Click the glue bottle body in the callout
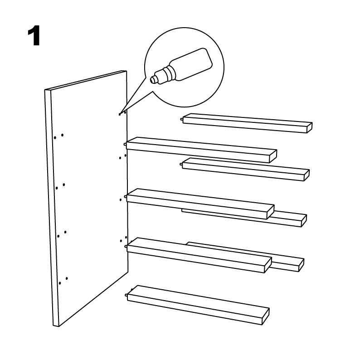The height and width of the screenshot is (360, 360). (x=191, y=64)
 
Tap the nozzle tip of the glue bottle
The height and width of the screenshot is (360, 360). (x=152, y=80)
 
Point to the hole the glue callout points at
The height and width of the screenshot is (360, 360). (x=120, y=114)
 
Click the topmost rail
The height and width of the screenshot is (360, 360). (x=248, y=123)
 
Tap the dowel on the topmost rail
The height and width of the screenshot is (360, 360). (x=182, y=119)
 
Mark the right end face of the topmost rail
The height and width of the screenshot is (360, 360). (x=310, y=128)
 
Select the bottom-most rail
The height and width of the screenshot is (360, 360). (x=197, y=305)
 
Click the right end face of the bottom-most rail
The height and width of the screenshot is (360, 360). (x=266, y=316)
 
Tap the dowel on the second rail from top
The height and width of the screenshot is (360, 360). (x=125, y=145)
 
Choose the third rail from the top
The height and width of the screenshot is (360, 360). (x=246, y=169)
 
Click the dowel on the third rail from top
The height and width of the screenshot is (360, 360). (x=181, y=164)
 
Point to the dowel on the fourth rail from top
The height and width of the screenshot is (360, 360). (x=125, y=197)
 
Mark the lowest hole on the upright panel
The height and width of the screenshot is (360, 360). (x=60, y=283)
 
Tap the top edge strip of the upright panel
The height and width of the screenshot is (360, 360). (x=86, y=80)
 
